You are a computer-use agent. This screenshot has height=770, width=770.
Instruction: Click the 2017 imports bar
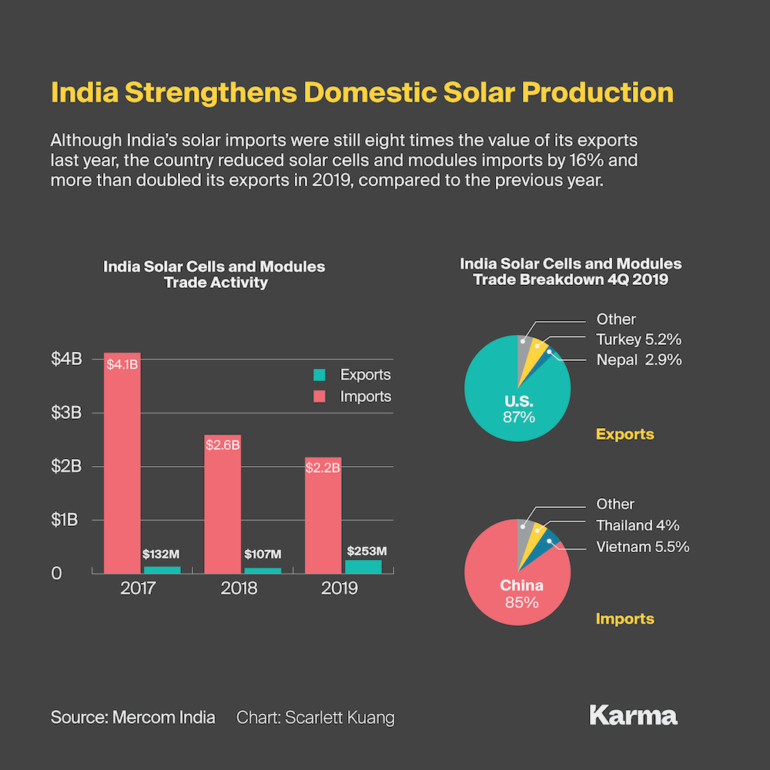coord(122,462)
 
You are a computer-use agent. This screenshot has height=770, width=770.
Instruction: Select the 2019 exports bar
coord(363,567)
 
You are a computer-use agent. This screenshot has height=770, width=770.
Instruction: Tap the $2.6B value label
coord(223,445)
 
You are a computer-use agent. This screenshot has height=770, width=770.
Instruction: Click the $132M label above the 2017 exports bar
coord(162,554)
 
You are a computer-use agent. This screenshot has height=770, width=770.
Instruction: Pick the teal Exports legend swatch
coord(320,375)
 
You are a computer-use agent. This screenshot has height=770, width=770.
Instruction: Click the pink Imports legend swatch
coord(320,397)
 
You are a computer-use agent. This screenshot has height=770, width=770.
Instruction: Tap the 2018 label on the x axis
coord(239,589)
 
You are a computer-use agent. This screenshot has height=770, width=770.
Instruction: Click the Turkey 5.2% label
coord(639,340)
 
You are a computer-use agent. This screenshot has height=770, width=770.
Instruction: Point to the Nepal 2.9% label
coord(639,360)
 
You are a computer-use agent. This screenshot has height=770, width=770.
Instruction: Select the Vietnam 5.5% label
coord(642,547)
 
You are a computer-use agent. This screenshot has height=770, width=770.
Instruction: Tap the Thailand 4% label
coord(638,526)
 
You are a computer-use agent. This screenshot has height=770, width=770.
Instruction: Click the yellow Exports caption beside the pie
coord(624,434)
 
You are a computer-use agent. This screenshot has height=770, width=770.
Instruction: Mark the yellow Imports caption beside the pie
coord(624,619)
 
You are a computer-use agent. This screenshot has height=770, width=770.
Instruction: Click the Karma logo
coord(633,715)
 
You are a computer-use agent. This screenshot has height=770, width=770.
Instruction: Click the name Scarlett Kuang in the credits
coord(340,718)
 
